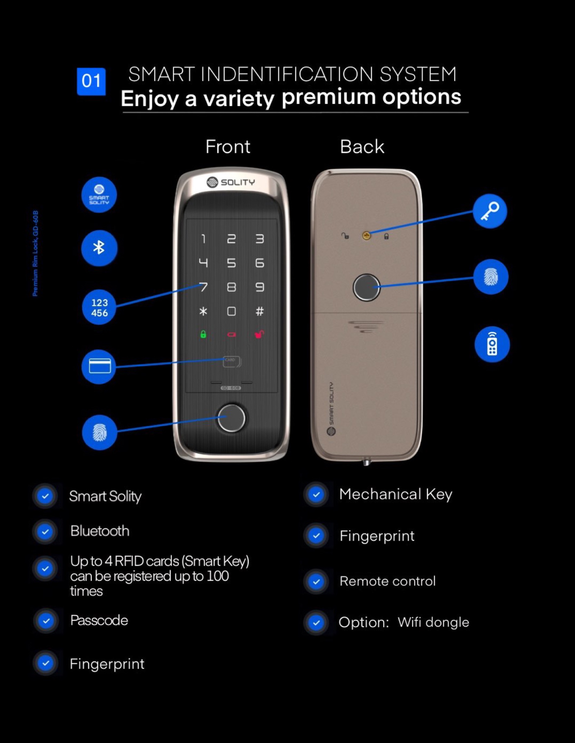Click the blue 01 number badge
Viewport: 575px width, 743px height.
pos(91,81)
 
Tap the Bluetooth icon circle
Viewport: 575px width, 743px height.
pos(99,248)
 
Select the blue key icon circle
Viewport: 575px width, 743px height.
pos(490,211)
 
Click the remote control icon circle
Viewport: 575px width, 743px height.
pos(492,344)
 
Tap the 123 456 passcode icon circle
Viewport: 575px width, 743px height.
pos(99,307)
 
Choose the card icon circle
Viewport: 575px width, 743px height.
pos(99,367)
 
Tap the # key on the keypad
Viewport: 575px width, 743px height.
pos(260,311)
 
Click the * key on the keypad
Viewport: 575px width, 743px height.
pos(203,311)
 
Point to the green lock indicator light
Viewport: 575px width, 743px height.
pos(203,334)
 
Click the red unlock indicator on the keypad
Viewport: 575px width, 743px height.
pos(259,334)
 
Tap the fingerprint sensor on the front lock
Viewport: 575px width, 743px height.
pos(231,418)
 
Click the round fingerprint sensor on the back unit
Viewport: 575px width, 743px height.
pos(366,288)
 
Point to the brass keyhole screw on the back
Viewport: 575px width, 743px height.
pos(366,235)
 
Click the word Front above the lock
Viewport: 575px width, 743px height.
pos(228,147)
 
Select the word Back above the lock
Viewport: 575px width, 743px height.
pos(362,147)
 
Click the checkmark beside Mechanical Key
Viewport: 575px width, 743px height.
pos(316,494)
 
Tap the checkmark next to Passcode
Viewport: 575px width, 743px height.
pos(46,621)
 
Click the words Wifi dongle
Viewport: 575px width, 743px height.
pos(433,622)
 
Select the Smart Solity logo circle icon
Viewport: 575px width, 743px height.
pos(99,195)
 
